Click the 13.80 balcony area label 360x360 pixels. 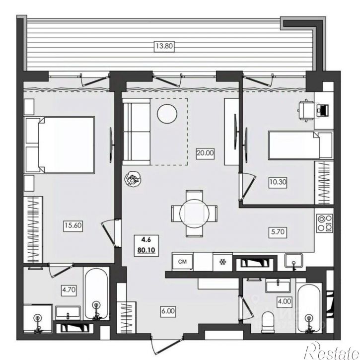click(164, 46)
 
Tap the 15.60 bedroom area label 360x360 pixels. click(73, 225)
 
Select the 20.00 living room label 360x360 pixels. click(205, 153)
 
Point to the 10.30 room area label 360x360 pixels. click(278, 182)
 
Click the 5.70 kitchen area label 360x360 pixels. click(278, 232)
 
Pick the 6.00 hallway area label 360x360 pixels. click(168, 311)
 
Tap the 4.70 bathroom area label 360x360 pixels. click(69, 290)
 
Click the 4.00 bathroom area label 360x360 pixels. click(285, 301)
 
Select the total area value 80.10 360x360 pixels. click(146, 250)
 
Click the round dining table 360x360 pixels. click(195, 214)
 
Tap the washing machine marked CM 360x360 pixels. click(183, 262)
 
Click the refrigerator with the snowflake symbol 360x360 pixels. click(222, 262)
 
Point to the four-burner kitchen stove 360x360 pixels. click(324, 223)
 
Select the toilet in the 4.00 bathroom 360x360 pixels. click(268, 321)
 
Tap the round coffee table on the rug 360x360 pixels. click(167, 113)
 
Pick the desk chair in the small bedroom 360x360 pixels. click(305, 110)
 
